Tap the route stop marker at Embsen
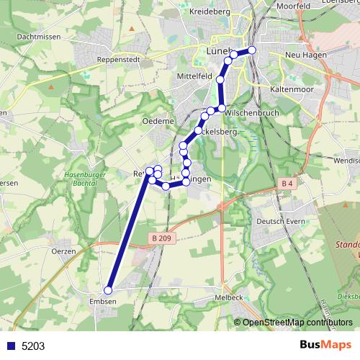109,291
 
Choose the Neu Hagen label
306,54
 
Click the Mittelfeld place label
194,75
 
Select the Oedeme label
158,122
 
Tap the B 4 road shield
287,184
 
